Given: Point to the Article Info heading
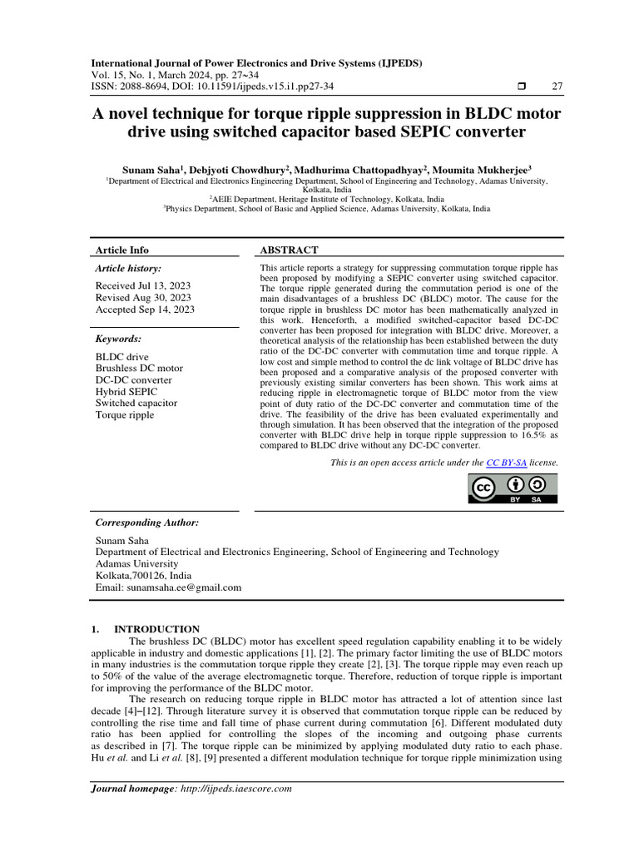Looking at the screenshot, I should click(x=122, y=250).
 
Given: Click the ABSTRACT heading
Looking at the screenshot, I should click(x=289, y=250).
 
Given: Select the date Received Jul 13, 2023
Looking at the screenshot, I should click(x=143, y=285).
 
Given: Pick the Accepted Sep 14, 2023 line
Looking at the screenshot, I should click(x=145, y=310).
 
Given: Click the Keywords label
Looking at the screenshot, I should click(x=118, y=339).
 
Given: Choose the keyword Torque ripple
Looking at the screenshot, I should click(x=125, y=415).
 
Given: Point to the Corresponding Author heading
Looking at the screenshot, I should click(x=147, y=523).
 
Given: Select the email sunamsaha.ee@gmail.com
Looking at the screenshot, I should click(x=186, y=587).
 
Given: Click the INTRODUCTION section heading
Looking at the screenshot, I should click(x=156, y=629).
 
